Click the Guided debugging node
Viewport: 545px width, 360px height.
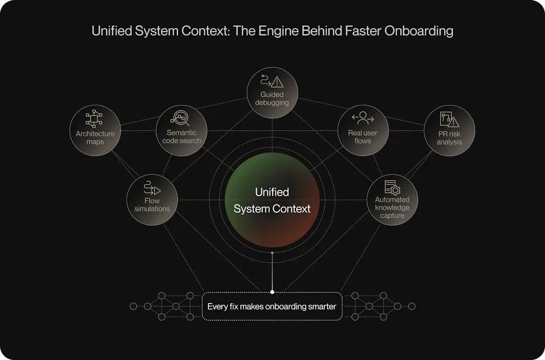coord(272,93)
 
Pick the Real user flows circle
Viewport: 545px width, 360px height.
coord(362,130)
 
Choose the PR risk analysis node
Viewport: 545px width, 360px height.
coord(449,130)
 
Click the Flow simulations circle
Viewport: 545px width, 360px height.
coord(152,200)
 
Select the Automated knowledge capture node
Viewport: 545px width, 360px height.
coord(392,200)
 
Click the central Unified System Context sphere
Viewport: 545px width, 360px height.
coord(272,200)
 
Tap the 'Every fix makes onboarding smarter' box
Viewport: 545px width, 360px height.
coord(272,306)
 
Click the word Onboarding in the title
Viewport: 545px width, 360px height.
coord(418,31)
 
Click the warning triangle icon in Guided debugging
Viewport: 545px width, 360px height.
coord(277,82)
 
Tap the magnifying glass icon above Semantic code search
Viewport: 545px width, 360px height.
coord(181,118)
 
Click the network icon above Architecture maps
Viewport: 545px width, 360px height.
coord(94,119)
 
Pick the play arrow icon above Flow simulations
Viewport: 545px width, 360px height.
coord(152,188)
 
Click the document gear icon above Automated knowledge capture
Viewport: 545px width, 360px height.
coord(392,187)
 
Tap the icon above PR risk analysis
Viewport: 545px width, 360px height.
coord(449,119)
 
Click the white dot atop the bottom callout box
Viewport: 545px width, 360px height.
coord(272,291)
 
